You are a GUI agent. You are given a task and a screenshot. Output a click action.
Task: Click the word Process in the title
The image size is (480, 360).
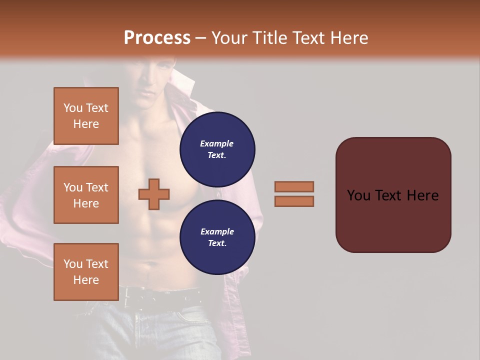[x=157, y=37]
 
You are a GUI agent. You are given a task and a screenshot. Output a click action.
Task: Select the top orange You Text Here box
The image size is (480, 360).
[x=86, y=116]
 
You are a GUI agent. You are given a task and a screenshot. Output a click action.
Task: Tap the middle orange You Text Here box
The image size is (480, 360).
[x=86, y=195]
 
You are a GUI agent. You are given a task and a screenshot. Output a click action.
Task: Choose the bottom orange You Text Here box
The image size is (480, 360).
[x=86, y=272]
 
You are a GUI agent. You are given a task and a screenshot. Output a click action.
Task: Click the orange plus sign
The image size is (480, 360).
[x=154, y=194]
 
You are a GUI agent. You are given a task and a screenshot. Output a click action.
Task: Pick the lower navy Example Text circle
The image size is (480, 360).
[x=217, y=237]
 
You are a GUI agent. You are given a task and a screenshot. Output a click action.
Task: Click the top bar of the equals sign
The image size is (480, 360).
[x=294, y=186]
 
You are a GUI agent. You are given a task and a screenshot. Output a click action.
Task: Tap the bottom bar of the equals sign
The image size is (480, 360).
[x=294, y=201]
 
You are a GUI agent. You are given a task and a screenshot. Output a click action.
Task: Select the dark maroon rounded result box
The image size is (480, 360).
[x=393, y=195]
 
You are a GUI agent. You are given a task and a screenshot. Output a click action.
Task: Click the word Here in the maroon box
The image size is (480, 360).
[x=422, y=195]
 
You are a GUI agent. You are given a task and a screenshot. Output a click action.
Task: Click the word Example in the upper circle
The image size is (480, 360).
[x=217, y=143]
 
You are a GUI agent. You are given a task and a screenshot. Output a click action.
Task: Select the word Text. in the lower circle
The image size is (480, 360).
[x=217, y=243]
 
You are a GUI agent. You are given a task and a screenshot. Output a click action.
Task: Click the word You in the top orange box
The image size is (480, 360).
[x=73, y=108]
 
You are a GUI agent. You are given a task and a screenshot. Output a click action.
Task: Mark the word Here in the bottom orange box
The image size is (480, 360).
[x=86, y=280]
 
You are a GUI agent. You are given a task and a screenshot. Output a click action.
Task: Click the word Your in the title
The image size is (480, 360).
[x=230, y=37]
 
